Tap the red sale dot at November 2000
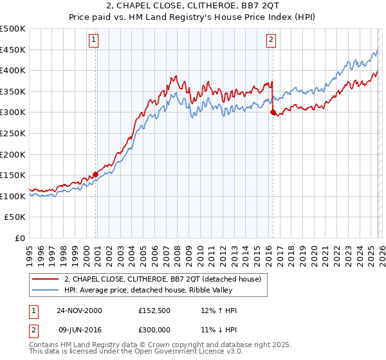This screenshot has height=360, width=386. [x=96, y=174]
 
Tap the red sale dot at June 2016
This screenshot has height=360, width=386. [x=273, y=113]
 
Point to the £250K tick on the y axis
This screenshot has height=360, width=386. [x=13, y=133]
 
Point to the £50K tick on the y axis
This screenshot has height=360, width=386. [x=15, y=217]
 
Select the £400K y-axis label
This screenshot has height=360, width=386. [x=13, y=70]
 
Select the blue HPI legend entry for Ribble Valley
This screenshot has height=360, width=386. [x=151, y=290]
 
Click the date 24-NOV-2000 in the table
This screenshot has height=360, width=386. [x=78, y=310]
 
